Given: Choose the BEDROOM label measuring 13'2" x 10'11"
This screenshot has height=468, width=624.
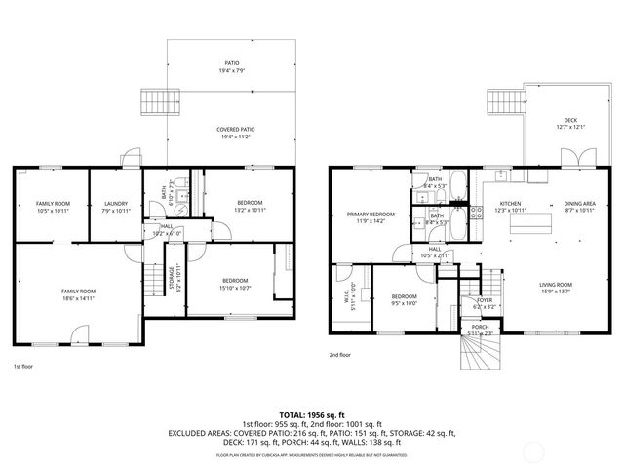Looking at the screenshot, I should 250,206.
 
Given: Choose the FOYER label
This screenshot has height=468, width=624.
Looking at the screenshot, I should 485,303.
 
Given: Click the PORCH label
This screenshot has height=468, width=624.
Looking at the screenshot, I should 480,331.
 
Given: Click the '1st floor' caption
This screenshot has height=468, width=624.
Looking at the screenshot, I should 24,367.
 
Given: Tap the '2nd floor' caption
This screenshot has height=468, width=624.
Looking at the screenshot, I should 340,354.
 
